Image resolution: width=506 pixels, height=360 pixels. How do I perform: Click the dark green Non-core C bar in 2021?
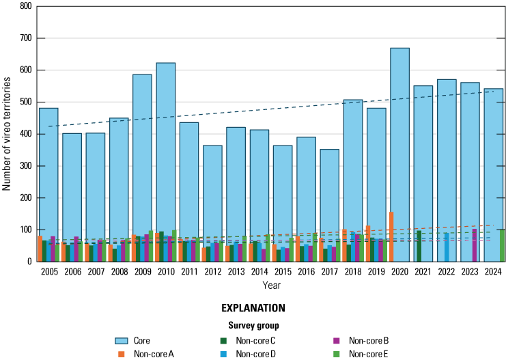pos(419,246)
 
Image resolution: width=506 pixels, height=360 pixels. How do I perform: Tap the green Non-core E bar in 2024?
pos(502,246)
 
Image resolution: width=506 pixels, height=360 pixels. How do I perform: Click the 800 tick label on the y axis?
pos(25,6)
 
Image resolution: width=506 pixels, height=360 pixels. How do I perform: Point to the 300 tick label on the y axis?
pos(25,166)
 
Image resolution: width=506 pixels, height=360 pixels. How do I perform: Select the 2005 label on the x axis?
pos(48,272)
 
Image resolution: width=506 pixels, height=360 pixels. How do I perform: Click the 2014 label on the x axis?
pos(259,272)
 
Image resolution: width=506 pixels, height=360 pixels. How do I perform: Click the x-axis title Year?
pos(271,285)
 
